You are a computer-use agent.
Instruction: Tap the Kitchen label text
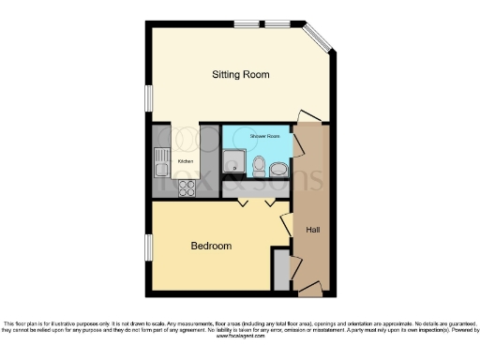[185, 161]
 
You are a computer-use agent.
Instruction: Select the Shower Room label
[263, 137]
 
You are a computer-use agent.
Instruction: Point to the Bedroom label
[211, 246]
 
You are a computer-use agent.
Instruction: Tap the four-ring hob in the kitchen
[186, 187]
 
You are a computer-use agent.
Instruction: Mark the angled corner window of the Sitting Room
[316, 37]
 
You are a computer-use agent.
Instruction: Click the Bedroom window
[147, 247]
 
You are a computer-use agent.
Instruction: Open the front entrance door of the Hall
[309, 288]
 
